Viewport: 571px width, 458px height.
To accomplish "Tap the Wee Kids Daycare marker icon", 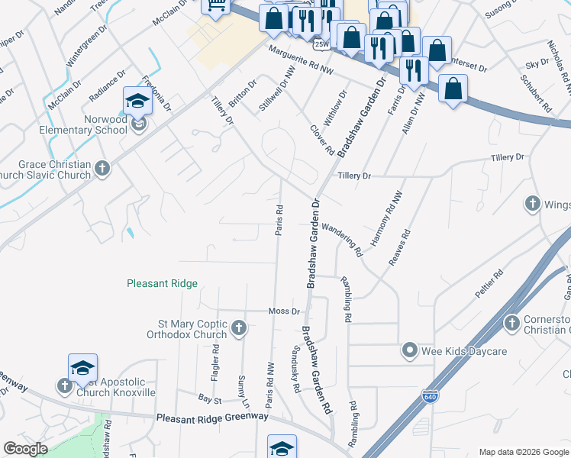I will pyautogui.click(x=410, y=351).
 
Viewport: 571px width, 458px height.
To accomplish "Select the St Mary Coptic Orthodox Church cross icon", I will pyautogui.click(x=239, y=328).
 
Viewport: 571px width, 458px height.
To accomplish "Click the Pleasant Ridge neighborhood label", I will pyautogui.click(x=162, y=283).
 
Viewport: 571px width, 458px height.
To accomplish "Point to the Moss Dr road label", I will pyautogui.click(x=285, y=311).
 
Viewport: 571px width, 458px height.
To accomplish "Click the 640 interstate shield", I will pyautogui.click(x=431, y=397).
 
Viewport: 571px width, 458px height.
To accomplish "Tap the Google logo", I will pyautogui.click(x=26, y=449).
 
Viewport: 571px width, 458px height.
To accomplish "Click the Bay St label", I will pyautogui.click(x=209, y=399).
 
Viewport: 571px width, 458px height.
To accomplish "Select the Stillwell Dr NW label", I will pyautogui.click(x=276, y=89).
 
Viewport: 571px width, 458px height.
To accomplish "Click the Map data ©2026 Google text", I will pyautogui.click(x=523, y=451).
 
